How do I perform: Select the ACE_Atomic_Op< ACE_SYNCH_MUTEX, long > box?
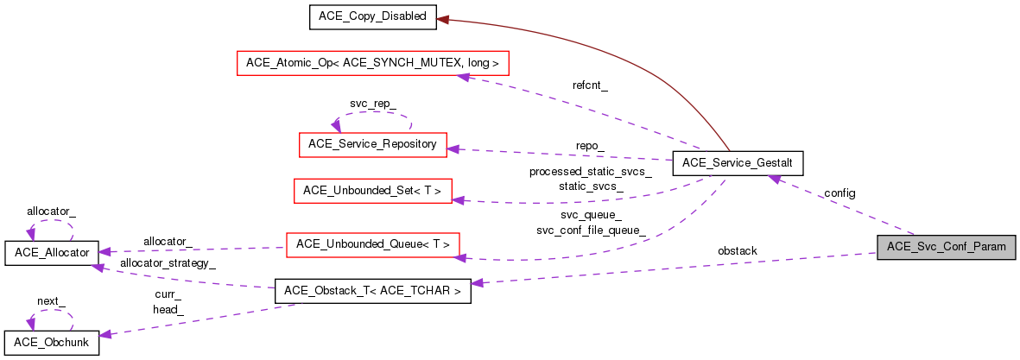pos(373,63)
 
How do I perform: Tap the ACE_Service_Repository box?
pos(373,144)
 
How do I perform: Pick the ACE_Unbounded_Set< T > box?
pos(373,191)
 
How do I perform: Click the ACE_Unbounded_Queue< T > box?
pos(373,244)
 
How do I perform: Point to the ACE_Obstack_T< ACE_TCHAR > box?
pos(372,292)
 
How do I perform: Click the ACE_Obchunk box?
pos(52,342)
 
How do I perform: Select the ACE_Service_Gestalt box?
pos(738,162)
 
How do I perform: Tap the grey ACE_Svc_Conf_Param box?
pos(946,247)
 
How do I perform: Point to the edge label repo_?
pos(591,145)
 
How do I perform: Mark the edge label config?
pos(839,193)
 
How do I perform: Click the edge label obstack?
pos(738,251)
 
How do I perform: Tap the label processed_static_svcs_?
pos(591,172)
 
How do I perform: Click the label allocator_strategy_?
pos(168,262)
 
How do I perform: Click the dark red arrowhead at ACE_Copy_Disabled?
pos(441,17)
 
